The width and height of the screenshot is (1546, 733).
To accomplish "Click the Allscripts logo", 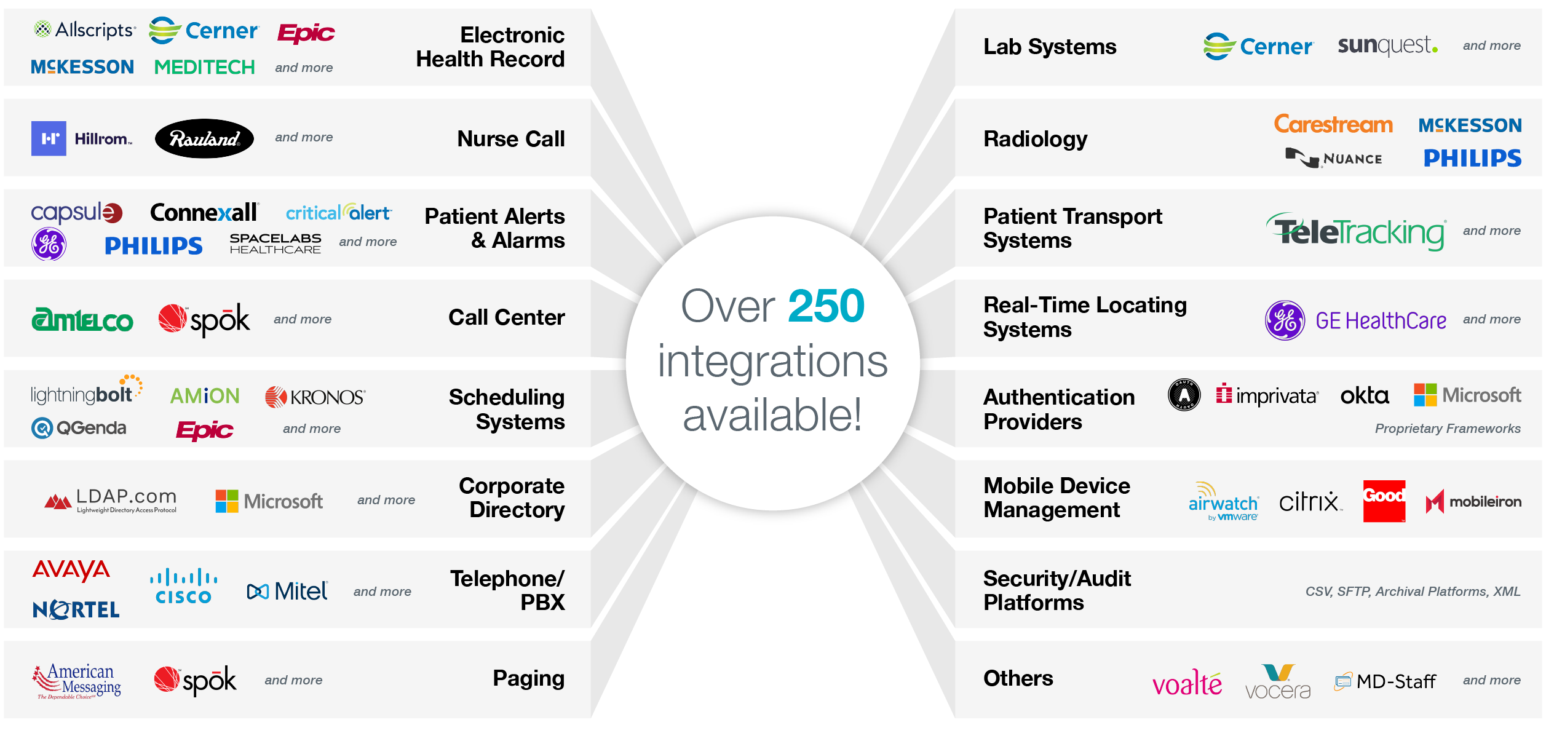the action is pos(84,30).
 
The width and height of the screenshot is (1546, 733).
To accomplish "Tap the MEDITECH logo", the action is pos(204,67).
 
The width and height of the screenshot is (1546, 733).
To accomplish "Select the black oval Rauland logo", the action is pos(204,138).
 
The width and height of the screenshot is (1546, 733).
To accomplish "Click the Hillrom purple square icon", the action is pos(49,138).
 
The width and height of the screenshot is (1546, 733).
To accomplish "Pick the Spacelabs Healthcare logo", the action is pos(275,244).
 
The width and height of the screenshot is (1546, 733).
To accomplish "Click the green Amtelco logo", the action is pos(82,319).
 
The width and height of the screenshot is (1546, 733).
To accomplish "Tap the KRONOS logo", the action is pos(315,397).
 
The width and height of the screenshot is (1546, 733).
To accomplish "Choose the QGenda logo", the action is pos(79,427).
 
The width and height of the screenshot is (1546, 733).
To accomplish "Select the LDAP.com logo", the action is pos(111,501).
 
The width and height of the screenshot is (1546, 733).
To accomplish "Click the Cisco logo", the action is pos(183,587).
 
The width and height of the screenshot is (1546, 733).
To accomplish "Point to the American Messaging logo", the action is pos(77,681).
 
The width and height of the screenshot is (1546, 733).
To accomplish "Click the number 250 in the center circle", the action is pos(826,306).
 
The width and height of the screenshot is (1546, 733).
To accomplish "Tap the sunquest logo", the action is pos(1387,46).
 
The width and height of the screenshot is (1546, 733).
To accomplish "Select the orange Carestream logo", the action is pos(1333,124).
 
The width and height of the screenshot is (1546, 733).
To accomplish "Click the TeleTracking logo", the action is pos(1356,232).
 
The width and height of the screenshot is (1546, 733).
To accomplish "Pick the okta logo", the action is pos(1365,395).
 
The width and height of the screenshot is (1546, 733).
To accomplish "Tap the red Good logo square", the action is pos(1384,501).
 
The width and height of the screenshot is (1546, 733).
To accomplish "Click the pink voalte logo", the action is pos(1187,683).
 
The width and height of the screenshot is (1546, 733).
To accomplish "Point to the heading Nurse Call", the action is pos(510,138).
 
